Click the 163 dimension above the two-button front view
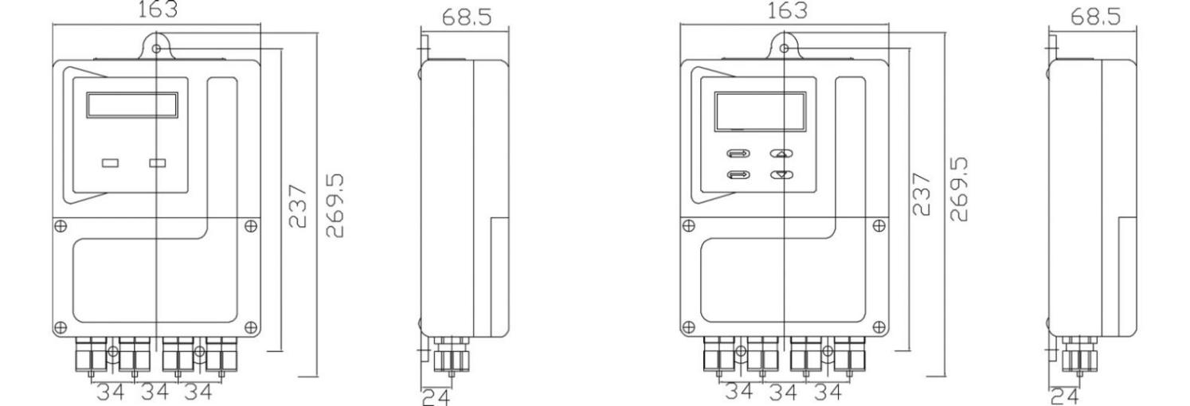(158, 9)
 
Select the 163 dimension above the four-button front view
(787, 10)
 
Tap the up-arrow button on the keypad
(781, 154)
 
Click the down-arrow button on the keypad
(781, 174)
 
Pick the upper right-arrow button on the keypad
(738, 154)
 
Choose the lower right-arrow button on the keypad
(738, 174)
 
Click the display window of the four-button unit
(760, 111)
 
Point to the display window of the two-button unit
(132, 105)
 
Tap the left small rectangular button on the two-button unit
(111, 163)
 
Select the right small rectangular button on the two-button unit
(157, 163)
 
